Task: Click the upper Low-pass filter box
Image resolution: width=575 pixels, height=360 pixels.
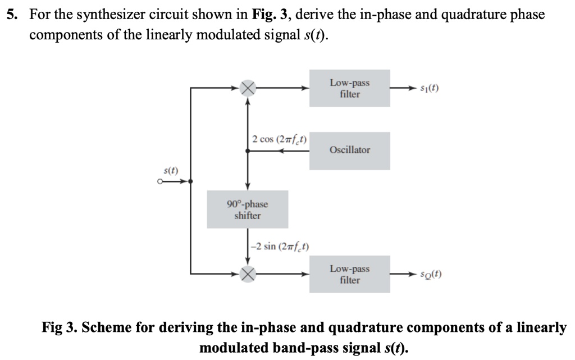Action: click(x=349, y=88)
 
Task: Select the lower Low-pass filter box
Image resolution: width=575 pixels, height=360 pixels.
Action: click(x=349, y=274)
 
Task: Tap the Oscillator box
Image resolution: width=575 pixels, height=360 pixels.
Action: click(x=349, y=151)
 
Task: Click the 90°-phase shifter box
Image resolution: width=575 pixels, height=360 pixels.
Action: click(x=247, y=209)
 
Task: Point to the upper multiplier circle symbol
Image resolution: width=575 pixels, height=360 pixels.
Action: click(x=248, y=88)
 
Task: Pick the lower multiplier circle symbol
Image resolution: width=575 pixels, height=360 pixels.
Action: click(x=248, y=274)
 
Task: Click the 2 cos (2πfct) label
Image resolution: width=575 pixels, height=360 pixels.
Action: click(x=279, y=139)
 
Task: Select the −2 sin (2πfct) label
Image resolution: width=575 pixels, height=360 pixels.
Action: click(x=280, y=247)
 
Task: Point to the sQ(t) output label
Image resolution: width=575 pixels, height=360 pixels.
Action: click(x=431, y=275)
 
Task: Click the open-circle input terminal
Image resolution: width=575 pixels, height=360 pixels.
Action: click(x=160, y=181)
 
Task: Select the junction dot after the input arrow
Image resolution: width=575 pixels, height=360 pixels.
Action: click(x=191, y=181)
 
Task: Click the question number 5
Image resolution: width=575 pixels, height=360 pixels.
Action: click(x=11, y=15)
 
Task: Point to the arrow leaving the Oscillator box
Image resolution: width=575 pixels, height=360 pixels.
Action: click(x=295, y=151)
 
